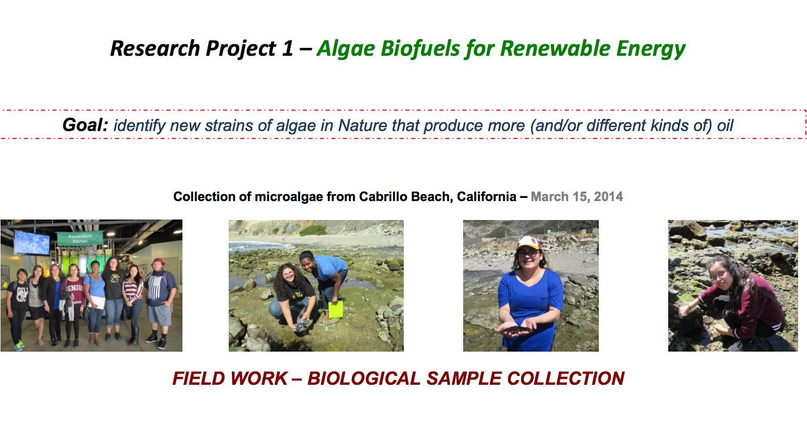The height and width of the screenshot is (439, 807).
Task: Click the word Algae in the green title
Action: (346, 49)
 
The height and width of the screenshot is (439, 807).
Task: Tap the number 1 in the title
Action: (288, 48)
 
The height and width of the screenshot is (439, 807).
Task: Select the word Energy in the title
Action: (651, 49)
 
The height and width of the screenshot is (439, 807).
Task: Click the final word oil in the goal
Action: (725, 125)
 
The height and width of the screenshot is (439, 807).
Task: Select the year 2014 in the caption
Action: (608, 196)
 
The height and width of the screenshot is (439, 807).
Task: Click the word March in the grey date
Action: (549, 196)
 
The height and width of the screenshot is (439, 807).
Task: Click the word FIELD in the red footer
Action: (199, 378)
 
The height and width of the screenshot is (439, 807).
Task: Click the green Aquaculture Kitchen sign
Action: (80, 238)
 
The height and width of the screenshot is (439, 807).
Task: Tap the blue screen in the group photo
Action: (32, 243)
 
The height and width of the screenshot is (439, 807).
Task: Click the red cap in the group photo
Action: (158, 261)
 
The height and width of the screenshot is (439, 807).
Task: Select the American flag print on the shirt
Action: (155, 287)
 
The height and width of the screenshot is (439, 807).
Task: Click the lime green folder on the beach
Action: (336, 310)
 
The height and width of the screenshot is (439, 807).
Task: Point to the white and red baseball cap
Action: (528, 243)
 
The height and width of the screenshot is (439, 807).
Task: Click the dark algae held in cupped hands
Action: (516, 330)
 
